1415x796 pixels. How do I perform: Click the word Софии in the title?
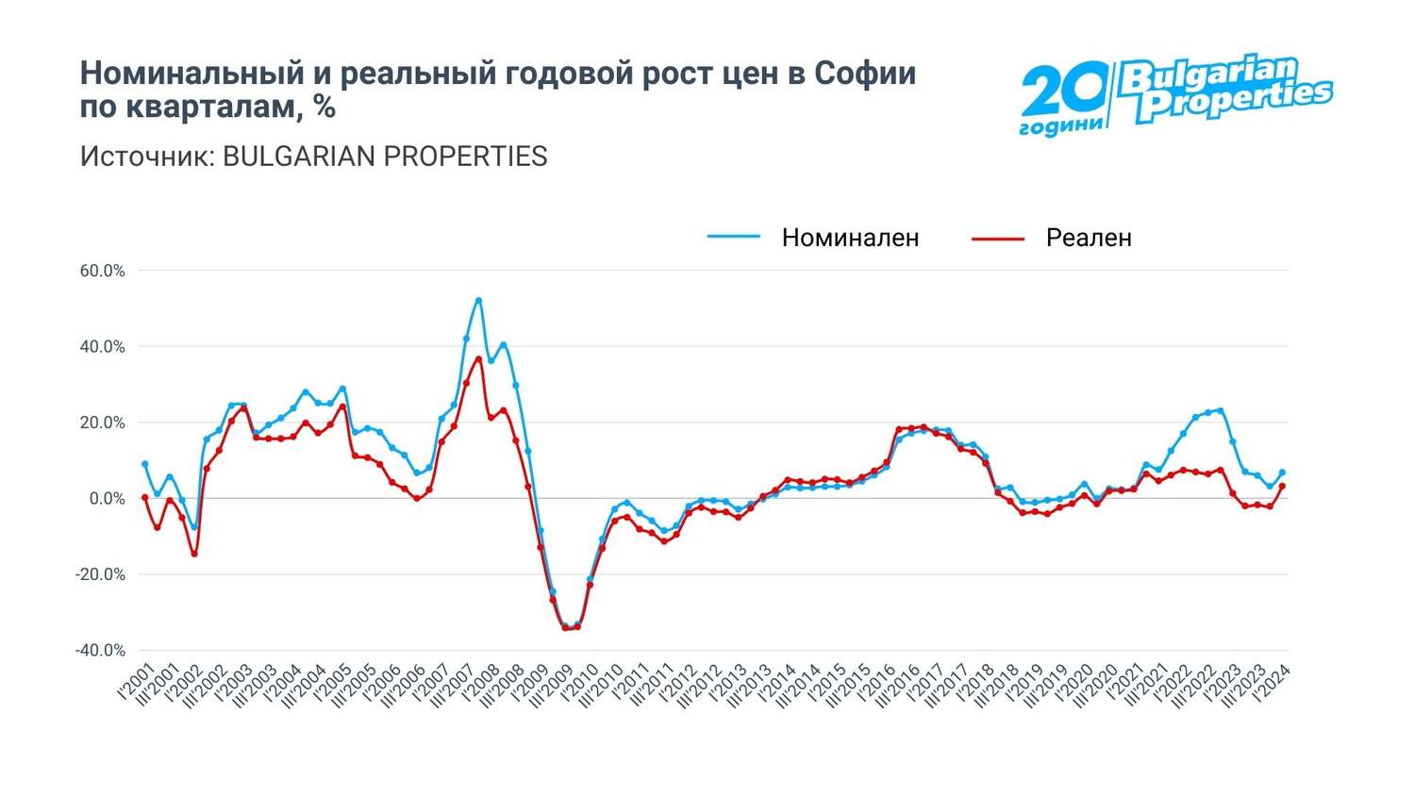865,74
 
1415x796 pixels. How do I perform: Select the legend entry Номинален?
849,238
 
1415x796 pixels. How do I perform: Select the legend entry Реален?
1088,238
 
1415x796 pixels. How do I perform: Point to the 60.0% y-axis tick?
102,271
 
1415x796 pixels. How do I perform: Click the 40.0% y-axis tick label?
102,347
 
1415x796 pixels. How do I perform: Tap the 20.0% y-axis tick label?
102,423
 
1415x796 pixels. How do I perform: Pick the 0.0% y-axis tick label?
107,499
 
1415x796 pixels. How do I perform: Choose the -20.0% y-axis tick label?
100,574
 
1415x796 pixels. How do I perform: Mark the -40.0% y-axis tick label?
100,651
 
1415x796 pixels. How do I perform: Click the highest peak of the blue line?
478,301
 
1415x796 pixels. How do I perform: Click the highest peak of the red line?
478,358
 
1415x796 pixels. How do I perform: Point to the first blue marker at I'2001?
144,464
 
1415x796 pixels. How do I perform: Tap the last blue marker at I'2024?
1282,473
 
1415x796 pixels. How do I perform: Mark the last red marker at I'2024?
1282,487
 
